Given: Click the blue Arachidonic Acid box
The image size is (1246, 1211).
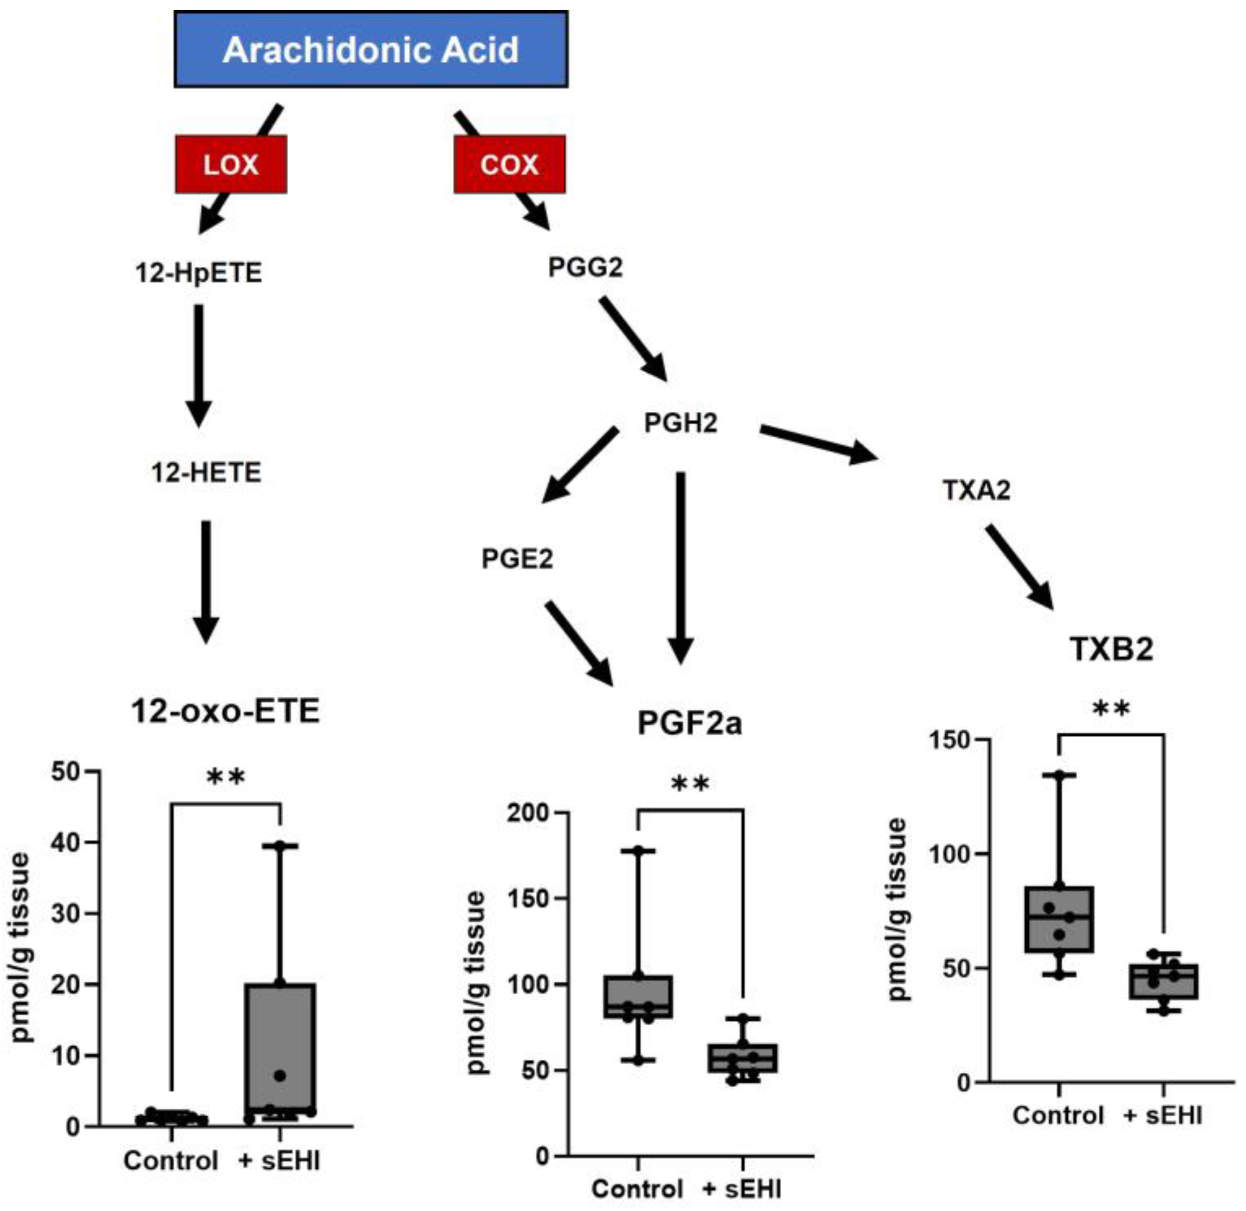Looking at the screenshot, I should click(371, 49).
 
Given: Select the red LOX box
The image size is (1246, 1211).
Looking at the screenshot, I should click(231, 164).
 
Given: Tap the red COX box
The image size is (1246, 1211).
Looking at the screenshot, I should click(509, 164).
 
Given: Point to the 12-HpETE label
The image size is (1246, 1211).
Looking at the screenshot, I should click(198, 273).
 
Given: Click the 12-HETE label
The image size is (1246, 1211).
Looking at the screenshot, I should click(206, 472).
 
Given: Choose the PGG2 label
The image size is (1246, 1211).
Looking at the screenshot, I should click(585, 267).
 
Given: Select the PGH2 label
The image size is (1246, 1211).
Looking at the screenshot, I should click(680, 423).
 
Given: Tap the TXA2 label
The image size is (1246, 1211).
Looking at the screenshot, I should click(976, 490).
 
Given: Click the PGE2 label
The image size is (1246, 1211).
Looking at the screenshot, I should click(517, 559).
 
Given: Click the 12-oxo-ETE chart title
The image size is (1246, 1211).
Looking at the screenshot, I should click(225, 711).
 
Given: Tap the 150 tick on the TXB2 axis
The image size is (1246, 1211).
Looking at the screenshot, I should click(950, 740).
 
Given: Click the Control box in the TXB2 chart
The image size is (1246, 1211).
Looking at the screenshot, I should click(1060, 919).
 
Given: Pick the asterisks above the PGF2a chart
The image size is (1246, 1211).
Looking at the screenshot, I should click(690, 783).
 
